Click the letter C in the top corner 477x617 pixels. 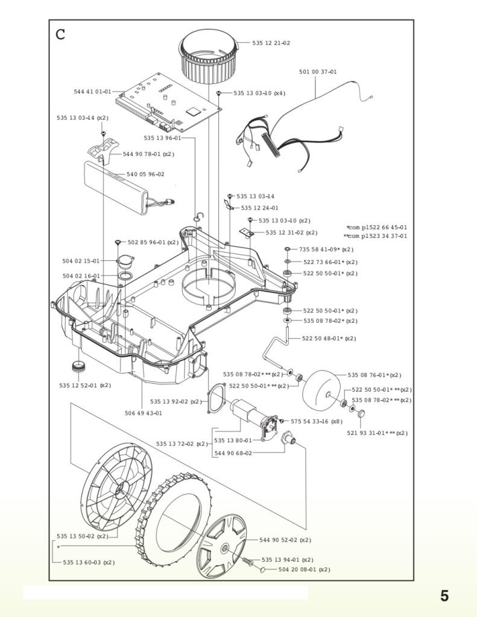coord(60,34)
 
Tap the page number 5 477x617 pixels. coord(444,596)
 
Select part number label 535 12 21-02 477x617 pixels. coord(271,43)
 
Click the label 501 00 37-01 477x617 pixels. coord(318,72)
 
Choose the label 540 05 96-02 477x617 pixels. coord(145,174)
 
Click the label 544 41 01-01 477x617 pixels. coord(92,92)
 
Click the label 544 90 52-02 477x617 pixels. coord(285,540)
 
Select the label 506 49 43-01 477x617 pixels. coord(143,413)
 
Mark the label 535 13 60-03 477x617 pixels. coord(89,562)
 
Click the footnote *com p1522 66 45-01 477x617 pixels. coord(377,228)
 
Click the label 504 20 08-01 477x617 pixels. coord(304,569)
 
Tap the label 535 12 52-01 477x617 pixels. coord(85,385)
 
